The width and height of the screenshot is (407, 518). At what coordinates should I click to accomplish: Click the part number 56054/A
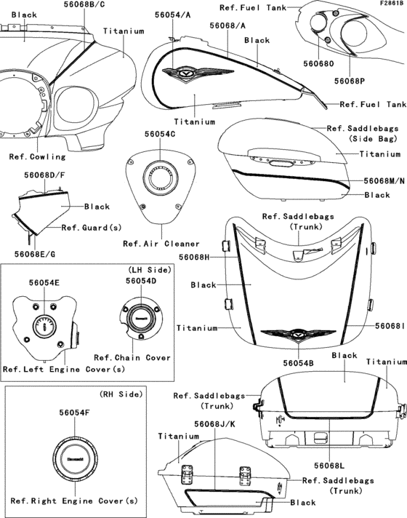click(173, 15)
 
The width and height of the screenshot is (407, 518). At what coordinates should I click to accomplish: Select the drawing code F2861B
click(392, 4)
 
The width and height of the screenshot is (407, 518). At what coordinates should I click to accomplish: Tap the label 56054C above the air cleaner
click(160, 134)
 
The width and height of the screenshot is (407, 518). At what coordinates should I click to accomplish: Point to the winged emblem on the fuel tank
click(198, 73)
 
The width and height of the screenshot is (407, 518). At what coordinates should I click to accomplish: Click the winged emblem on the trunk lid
click(298, 334)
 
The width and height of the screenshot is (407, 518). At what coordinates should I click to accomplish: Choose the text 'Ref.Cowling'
click(37, 156)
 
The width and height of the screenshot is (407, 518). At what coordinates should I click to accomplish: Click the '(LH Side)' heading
click(150, 270)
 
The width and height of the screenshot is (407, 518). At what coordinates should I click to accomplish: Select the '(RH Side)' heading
click(121, 394)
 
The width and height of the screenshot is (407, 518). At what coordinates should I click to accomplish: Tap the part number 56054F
click(75, 413)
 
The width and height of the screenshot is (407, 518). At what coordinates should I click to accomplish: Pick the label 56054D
click(141, 281)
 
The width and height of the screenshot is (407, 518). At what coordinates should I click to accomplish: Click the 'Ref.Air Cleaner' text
click(161, 244)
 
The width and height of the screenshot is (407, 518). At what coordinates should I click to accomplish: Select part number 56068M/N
click(384, 180)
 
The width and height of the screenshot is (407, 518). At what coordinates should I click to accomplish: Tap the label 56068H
click(194, 257)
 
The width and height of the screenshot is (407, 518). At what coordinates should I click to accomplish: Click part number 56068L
click(329, 466)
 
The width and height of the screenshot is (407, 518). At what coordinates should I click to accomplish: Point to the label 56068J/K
click(214, 424)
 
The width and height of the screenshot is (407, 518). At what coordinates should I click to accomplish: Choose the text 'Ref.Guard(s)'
click(92, 228)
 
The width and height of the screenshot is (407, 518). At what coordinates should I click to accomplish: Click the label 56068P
click(350, 81)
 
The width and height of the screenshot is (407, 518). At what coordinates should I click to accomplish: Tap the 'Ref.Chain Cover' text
click(132, 358)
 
